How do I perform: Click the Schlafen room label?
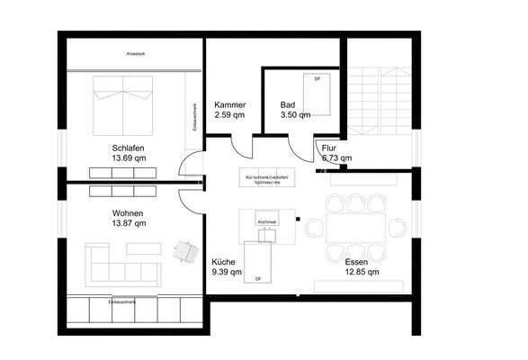point(129,148)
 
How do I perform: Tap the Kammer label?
point(230,105)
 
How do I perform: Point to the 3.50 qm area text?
point(295,115)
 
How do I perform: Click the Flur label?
point(330,147)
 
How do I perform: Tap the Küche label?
point(224,261)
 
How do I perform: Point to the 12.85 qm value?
point(361,271)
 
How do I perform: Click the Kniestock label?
point(137,54)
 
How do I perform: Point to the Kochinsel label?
point(267,221)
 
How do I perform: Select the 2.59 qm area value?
point(230,115)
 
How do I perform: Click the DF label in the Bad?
point(317,80)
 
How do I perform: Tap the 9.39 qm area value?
point(224,271)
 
